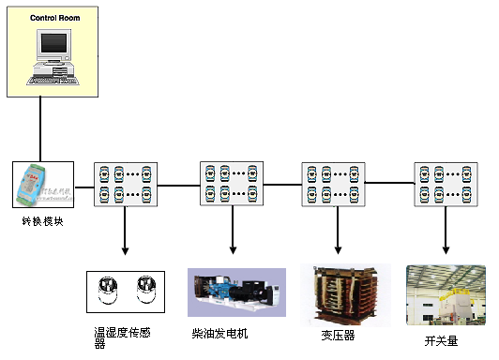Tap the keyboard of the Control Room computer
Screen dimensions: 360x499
tap(51, 80)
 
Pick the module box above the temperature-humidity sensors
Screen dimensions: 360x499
tap(126, 185)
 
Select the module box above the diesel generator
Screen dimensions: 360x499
tap(232, 185)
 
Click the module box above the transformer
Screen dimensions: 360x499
tap(333, 185)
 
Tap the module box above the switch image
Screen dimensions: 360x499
tap(446, 185)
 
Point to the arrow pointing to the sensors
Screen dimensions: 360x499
tap(126, 234)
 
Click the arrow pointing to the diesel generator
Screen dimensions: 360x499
tap(232, 234)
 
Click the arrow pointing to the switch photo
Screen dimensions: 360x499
tap(446, 234)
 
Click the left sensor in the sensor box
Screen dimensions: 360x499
tap(109, 292)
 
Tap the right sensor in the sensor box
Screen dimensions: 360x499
tap(144, 292)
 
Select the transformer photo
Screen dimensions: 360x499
tap(337, 294)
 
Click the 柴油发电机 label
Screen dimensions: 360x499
tap(220, 333)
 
